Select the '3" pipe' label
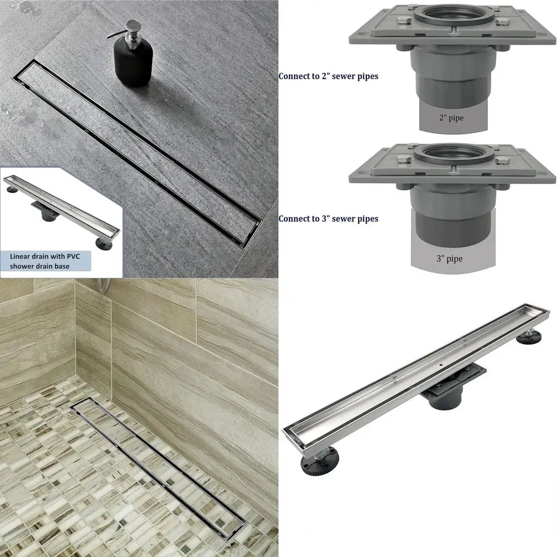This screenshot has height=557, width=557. click(x=450, y=258)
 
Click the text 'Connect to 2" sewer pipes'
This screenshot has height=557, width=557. click(x=328, y=76)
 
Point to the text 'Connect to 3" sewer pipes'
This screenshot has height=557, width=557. click(x=328, y=219)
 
